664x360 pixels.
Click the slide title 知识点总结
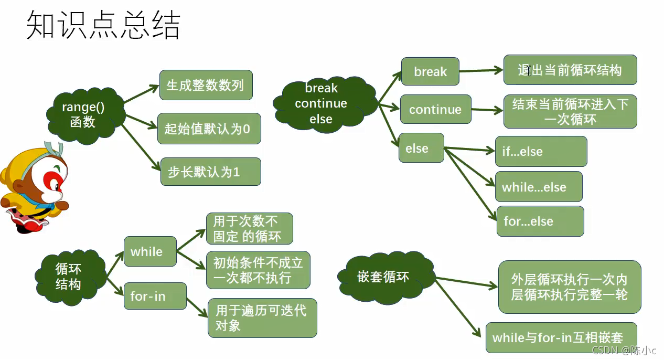click(x=103, y=25)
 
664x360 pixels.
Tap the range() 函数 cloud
click(x=84, y=114)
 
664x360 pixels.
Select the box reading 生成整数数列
click(x=206, y=85)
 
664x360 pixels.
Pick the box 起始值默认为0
click(x=209, y=129)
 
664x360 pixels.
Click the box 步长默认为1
click(x=210, y=172)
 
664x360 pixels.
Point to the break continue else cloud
click(x=322, y=103)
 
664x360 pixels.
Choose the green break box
click(x=430, y=71)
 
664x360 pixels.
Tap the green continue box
click(x=435, y=110)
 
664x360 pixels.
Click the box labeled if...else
click(x=541, y=152)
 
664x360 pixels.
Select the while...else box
click(x=539, y=187)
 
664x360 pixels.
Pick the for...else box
click(x=540, y=221)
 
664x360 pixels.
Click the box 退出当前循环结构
click(x=570, y=70)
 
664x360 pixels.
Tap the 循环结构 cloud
click(x=69, y=277)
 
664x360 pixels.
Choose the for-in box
click(x=155, y=296)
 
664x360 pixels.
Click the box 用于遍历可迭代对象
click(x=262, y=318)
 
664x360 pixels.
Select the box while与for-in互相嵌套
click(x=561, y=337)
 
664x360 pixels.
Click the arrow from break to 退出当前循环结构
click(x=481, y=70)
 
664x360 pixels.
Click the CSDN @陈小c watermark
click(x=627, y=350)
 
